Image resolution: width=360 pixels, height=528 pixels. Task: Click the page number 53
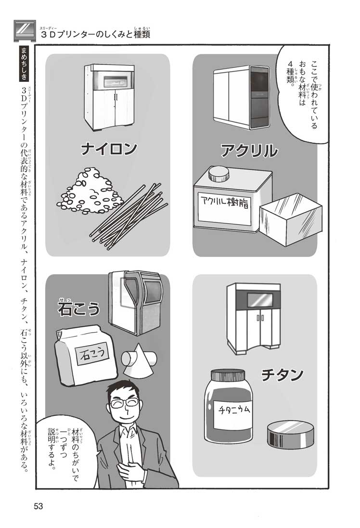39,506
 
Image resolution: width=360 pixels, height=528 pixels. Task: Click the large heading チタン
282,374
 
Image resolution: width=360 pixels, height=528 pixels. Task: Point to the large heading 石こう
79,308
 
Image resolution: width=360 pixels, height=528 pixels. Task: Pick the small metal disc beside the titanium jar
292,435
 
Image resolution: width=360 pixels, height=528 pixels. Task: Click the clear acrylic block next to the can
290,219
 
